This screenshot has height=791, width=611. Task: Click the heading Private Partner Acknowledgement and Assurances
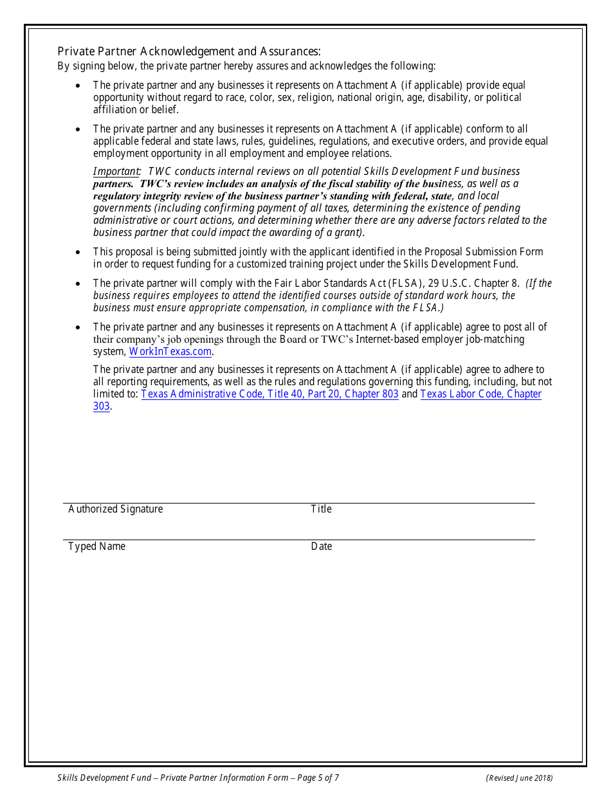(188, 51)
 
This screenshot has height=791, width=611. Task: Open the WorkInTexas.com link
(170, 352)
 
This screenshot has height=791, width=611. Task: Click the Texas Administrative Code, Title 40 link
(269, 394)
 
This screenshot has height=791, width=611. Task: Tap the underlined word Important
(116, 172)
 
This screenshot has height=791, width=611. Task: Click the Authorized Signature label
(115, 509)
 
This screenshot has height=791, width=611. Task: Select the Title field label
(321, 509)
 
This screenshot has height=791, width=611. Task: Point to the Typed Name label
(96, 547)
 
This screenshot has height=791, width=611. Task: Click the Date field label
(321, 547)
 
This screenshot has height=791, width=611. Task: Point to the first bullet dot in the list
(78, 86)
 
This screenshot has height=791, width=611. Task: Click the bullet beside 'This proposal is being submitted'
(78, 252)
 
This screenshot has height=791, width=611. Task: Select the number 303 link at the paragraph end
(102, 406)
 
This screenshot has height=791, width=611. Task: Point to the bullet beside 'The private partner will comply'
(78, 284)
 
